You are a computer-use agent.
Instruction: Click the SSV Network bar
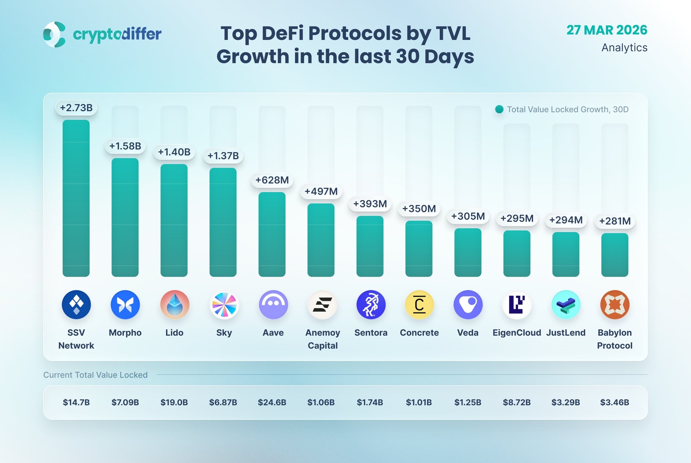tap(76, 198)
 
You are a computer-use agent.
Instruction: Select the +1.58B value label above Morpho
tap(125, 146)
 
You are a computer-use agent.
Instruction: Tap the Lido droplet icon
tap(175, 305)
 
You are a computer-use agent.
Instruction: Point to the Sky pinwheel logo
tap(224, 305)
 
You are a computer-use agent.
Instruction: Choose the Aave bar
tap(272, 234)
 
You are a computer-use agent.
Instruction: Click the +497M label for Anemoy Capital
tap(321, 192)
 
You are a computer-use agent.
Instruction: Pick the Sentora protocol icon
tap(371, 305)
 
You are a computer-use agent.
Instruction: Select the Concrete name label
tap(419, 333)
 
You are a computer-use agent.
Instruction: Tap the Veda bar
tap(468, 252)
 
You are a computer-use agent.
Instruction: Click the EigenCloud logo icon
tap(517, 305)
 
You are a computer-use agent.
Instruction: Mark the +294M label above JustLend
tap(566, 220)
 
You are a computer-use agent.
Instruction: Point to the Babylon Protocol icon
tap(615, 305)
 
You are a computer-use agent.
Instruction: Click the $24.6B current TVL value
tap(272, 403)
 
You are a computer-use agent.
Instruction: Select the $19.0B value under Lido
tap(174, 403)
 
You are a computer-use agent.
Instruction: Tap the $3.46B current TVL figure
tap(614, 403)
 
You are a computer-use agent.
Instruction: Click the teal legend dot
tap(499, 109)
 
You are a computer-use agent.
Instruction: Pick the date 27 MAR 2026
tap(607, 30)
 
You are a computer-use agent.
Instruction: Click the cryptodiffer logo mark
tap(54, 34)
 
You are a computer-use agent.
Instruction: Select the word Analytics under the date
tap(624, 48)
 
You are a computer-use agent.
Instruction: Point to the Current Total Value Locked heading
tap(95, 375)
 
